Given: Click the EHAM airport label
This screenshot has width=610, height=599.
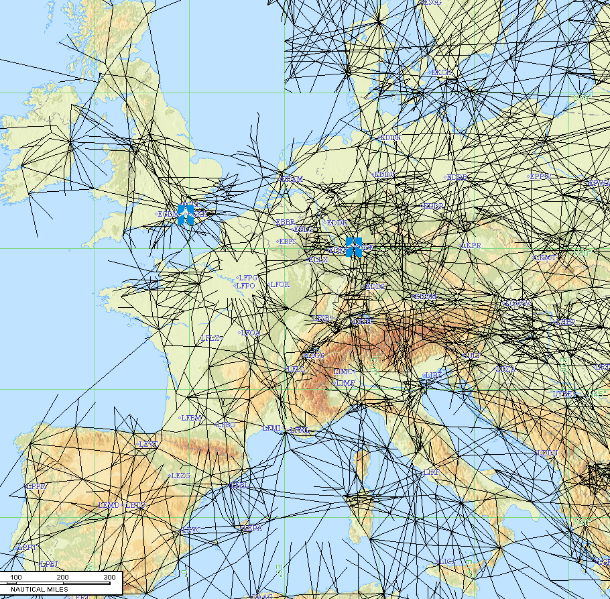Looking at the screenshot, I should (292, 179).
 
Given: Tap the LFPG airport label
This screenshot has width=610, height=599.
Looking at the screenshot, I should (248, 277).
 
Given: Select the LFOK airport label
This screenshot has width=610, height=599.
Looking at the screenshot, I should (280, 284).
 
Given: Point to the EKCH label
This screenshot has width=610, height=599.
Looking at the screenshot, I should (441, 72).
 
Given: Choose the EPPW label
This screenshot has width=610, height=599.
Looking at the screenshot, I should (540, 176).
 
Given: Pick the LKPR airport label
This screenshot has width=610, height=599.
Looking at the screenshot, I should (471, 246).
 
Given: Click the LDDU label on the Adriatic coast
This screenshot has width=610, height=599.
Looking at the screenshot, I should (547, 453).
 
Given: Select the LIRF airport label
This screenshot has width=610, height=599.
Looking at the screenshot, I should (432, 472).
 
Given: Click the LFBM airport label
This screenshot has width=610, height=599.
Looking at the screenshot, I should (191, 418).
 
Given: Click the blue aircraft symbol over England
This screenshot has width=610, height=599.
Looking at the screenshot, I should (186, 215).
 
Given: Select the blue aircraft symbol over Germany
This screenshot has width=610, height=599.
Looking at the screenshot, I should (353, 247).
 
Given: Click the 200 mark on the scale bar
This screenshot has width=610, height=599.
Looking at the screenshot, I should (62, 578).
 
